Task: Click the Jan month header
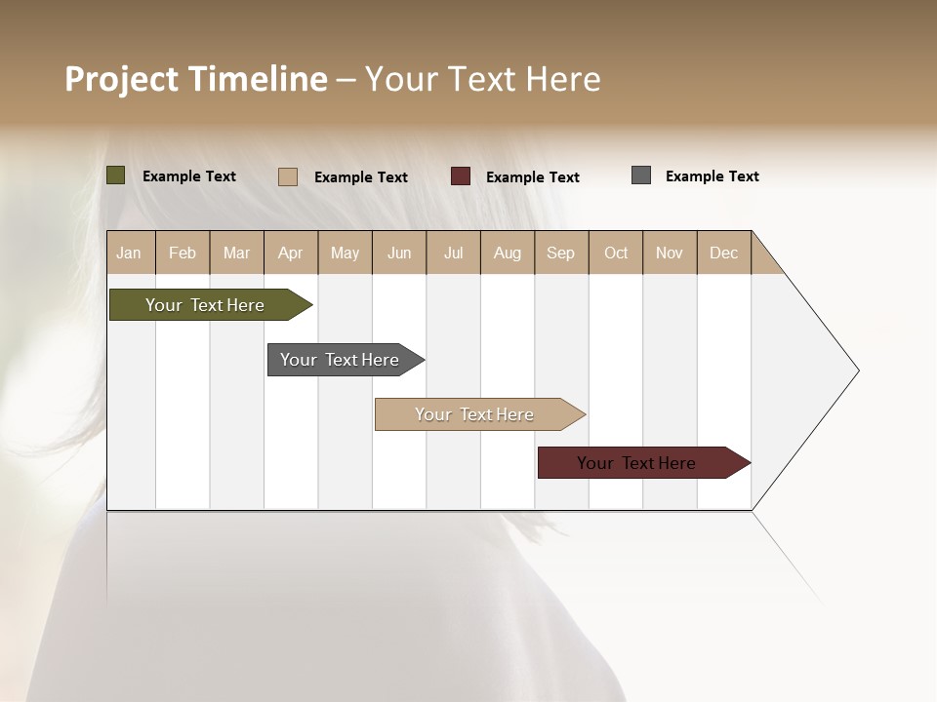(x=129, y=253)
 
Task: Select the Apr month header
(x=290, y=253)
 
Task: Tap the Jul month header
(x=453, y=253)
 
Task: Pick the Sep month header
(x=560, y=253)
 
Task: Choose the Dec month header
(x=723, y=253)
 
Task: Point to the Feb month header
(x=183, y=253)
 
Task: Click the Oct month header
(x=616, y=253)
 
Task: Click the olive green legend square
(x=115, y=175)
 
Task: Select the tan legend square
(x=288, y=176)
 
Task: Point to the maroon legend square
(x=461, y=176)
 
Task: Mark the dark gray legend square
(x=641, y=175)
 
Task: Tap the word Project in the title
(x=122, y=79)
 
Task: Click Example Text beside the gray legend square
(x=712, y=176)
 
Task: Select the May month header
(x=345, y=253)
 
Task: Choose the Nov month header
(x=669, y=253)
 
